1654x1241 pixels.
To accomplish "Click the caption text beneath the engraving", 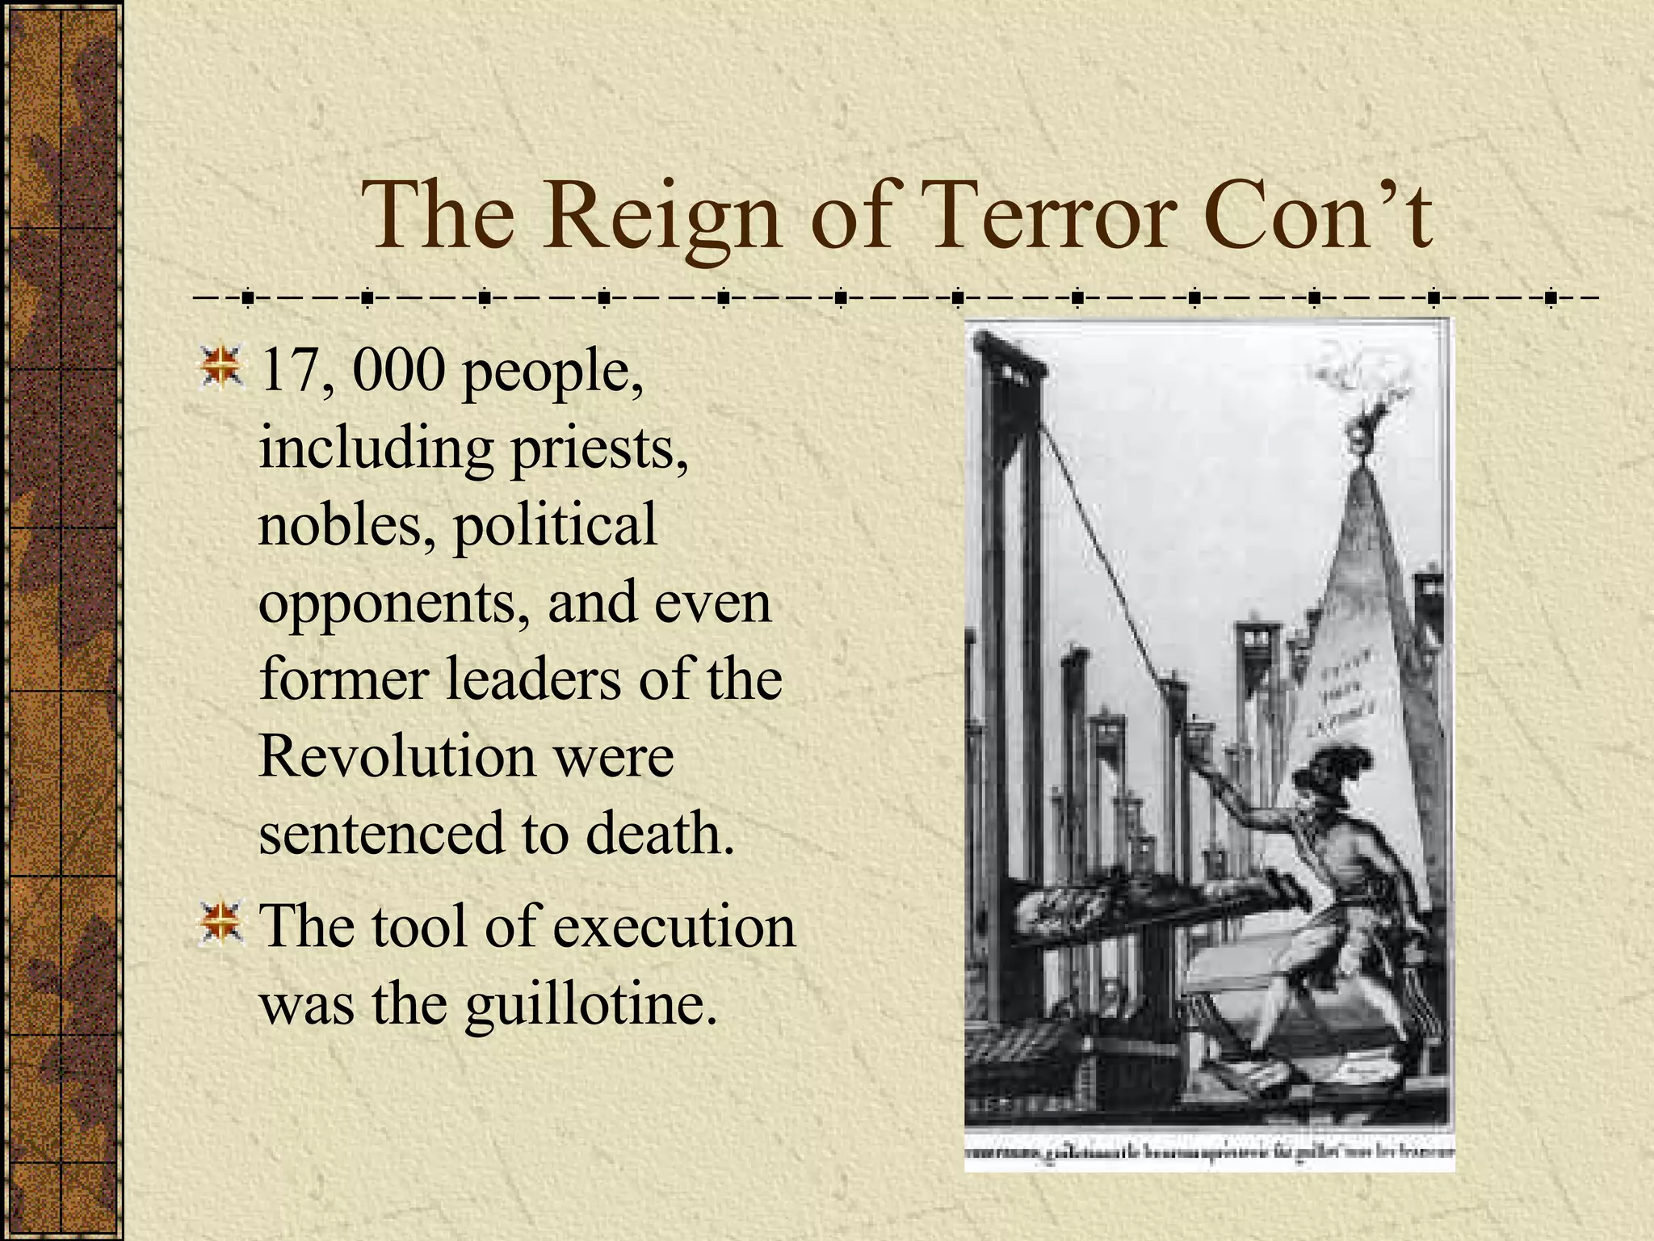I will tap(1209, 1152).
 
